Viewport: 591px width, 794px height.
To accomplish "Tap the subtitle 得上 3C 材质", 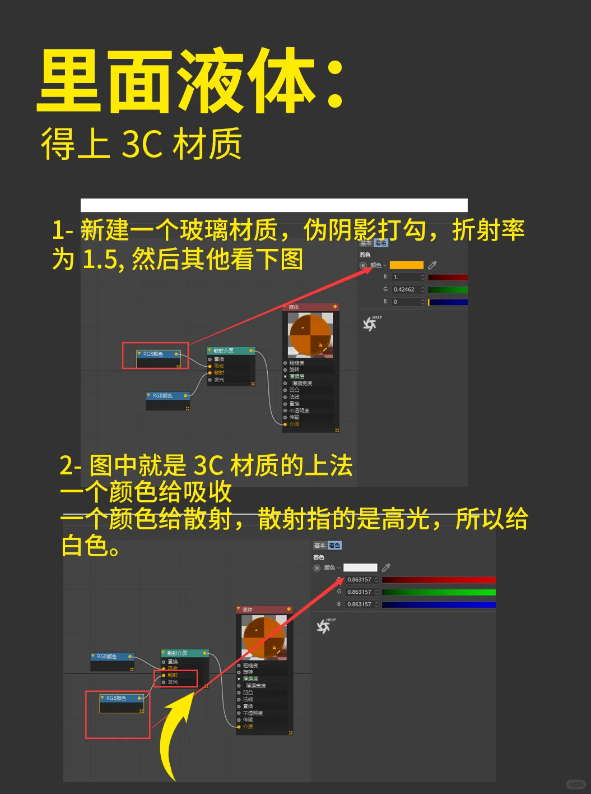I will [141, 144].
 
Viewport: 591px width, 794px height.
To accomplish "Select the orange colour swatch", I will [406, 265].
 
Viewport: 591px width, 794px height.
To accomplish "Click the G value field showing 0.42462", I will [407, 289].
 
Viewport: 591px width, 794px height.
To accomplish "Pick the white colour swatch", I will [360, 567].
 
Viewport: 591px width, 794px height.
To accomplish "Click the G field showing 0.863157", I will [360, 592].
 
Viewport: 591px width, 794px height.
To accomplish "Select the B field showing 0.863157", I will [360, 604].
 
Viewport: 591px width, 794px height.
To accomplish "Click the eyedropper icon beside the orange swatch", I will [432, 265].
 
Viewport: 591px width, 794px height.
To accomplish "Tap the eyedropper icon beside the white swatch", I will [386, 567].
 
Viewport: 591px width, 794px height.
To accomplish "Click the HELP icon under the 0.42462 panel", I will [370, 324].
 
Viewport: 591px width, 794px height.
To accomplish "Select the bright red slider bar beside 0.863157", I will [438, 580].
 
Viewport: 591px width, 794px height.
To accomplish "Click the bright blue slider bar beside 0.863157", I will [438, 604].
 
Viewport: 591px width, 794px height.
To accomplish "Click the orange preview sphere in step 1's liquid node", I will [310, 335].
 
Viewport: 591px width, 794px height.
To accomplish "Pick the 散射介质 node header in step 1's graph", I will [231, 351].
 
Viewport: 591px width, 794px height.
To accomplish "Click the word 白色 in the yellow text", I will [84, 546].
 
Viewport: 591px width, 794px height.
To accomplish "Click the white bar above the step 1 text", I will [274, 205].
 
